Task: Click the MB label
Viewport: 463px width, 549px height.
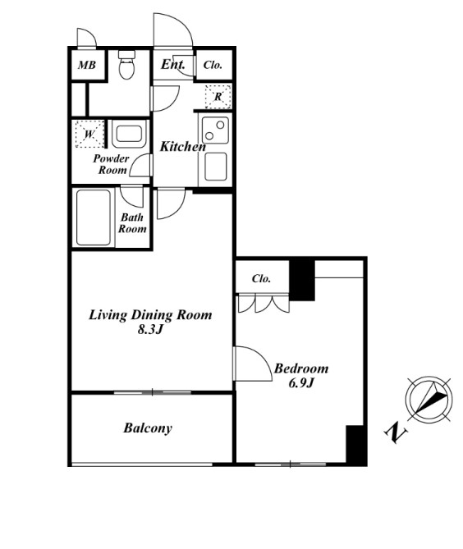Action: click(x=86, y=65)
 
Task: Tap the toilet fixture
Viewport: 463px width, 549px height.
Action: click(x=126, y=65)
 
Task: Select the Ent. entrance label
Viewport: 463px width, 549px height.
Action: click(x=172, y=64)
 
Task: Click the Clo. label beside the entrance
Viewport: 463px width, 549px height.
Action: click(x=213, y=65)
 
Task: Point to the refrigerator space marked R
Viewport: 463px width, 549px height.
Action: click(x=218, y=96)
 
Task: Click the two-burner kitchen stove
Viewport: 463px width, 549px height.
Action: click(x=215, y=130)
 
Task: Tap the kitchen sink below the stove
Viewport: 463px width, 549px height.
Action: click(x=216, y=167)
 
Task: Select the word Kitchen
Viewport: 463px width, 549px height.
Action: click(x=183, y=146)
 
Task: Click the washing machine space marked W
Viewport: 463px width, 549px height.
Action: click(x=89, y=134)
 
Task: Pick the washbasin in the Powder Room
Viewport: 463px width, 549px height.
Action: click(x=129, y=134)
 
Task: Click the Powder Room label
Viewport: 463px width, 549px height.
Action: click(x=112, y=164)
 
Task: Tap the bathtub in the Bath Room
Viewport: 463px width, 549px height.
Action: click(x=93, y=217)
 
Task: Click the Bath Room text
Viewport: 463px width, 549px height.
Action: click(x=132, y=223)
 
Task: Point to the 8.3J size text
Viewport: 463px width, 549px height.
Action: click(x=150, y=329)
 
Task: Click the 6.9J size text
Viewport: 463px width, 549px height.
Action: click(x=300, y=383)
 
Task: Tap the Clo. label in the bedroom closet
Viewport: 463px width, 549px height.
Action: click(x=261, y=279)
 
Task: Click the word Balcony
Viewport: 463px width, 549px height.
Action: click(x=148, y=428)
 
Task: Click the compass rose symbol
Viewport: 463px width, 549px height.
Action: click(x=429, y=399)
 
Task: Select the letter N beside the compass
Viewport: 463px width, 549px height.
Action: click(x=396, y=432)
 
